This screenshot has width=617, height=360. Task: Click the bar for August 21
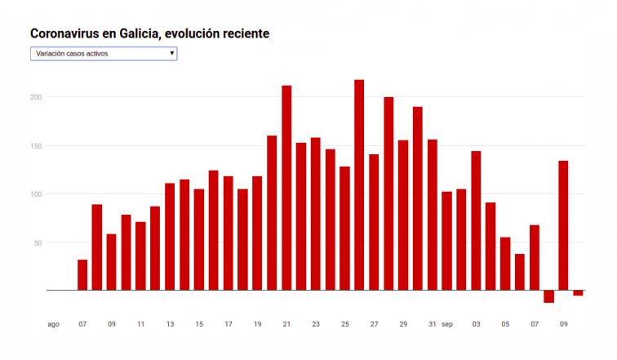point(286,188)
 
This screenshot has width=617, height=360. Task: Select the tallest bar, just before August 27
point(359,184)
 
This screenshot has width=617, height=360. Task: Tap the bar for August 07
point(82,275)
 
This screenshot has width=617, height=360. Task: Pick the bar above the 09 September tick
point(563,225)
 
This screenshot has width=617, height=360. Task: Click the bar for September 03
point(476,220)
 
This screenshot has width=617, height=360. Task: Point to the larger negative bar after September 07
point(548,296)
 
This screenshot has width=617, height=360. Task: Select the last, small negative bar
point(578,293)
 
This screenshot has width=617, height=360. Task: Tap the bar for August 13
point(170,237)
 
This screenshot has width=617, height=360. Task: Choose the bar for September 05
point(505,264)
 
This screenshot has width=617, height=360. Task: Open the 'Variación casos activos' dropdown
point(103,54)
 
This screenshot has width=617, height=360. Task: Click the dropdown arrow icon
point(171,54)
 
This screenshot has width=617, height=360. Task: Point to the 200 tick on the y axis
point(37,97)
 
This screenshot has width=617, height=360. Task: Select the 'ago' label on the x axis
point(53,324)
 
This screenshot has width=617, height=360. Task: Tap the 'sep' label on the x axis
point(447,324)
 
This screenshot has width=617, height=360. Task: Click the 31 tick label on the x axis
point(433,324)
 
